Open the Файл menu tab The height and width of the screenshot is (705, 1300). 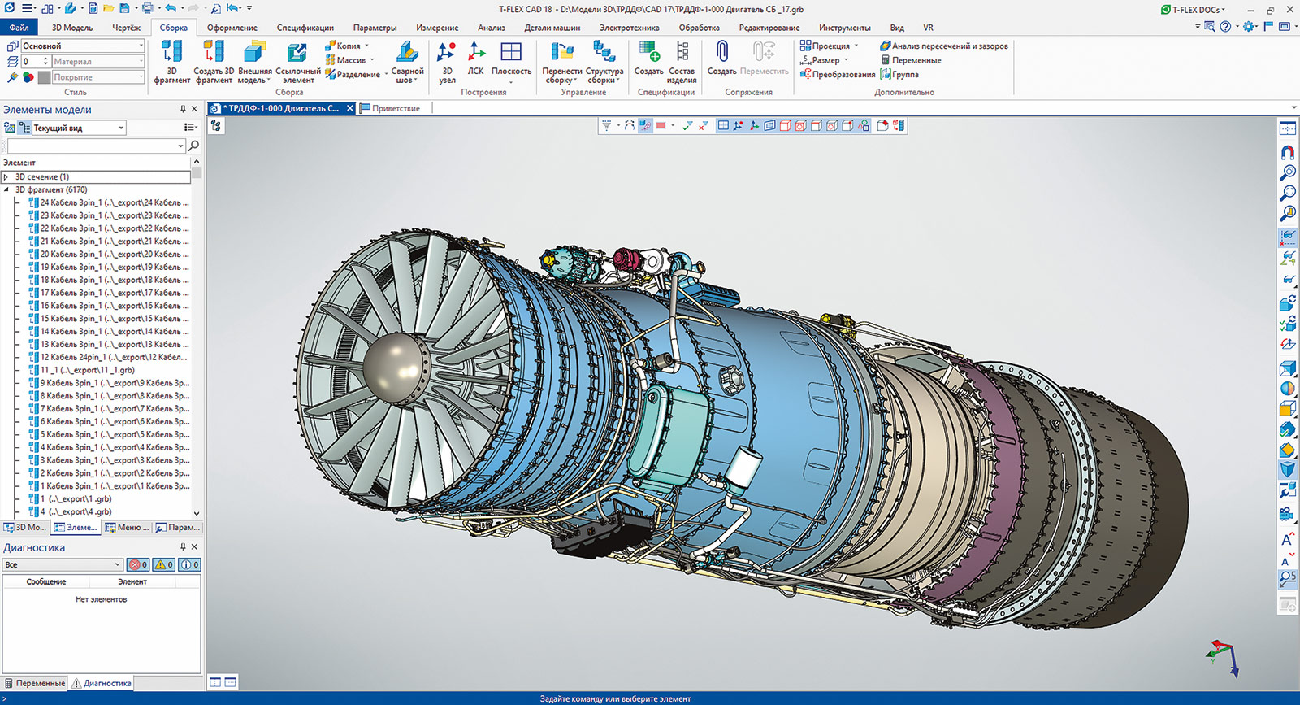point(18,28)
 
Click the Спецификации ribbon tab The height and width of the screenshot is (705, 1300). point(305,28)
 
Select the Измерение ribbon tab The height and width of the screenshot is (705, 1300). point(437,28)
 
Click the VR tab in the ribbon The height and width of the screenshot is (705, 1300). point(928,28)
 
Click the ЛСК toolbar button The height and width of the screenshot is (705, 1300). point(476,59)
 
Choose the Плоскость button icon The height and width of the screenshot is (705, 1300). point(511,53)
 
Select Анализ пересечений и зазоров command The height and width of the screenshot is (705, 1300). point(944,46)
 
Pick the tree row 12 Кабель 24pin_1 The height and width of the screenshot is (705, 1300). point(114,357)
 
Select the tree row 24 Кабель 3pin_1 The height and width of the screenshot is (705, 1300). point(114,202)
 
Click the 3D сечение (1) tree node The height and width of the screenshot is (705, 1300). point(42,176)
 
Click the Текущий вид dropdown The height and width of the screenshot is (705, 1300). point(78,128)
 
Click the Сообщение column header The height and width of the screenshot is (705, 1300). point(46,581)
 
